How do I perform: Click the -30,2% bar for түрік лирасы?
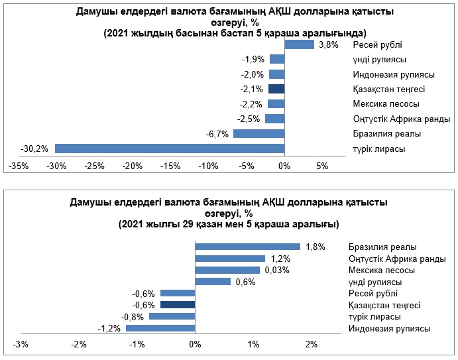(169, 148)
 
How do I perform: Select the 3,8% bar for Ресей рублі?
(299, 44)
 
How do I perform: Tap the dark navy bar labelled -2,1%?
(276, 88)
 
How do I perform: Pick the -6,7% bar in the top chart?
(258, 133)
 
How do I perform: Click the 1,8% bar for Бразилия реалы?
(247, 247)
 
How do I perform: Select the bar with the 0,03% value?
(227, 270)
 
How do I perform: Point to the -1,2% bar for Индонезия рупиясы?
(160, 328)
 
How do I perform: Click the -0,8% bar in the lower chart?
(172, 316)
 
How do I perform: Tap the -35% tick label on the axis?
(19, 166)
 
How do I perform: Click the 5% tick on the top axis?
(322, 166)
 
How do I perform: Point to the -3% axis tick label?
(21, 344)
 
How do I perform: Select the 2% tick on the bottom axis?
(312, 344)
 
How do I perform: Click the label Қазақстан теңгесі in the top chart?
(389, 89)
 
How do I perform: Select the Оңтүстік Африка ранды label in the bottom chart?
(396, 259)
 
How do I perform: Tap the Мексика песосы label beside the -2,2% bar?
(386, 104)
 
